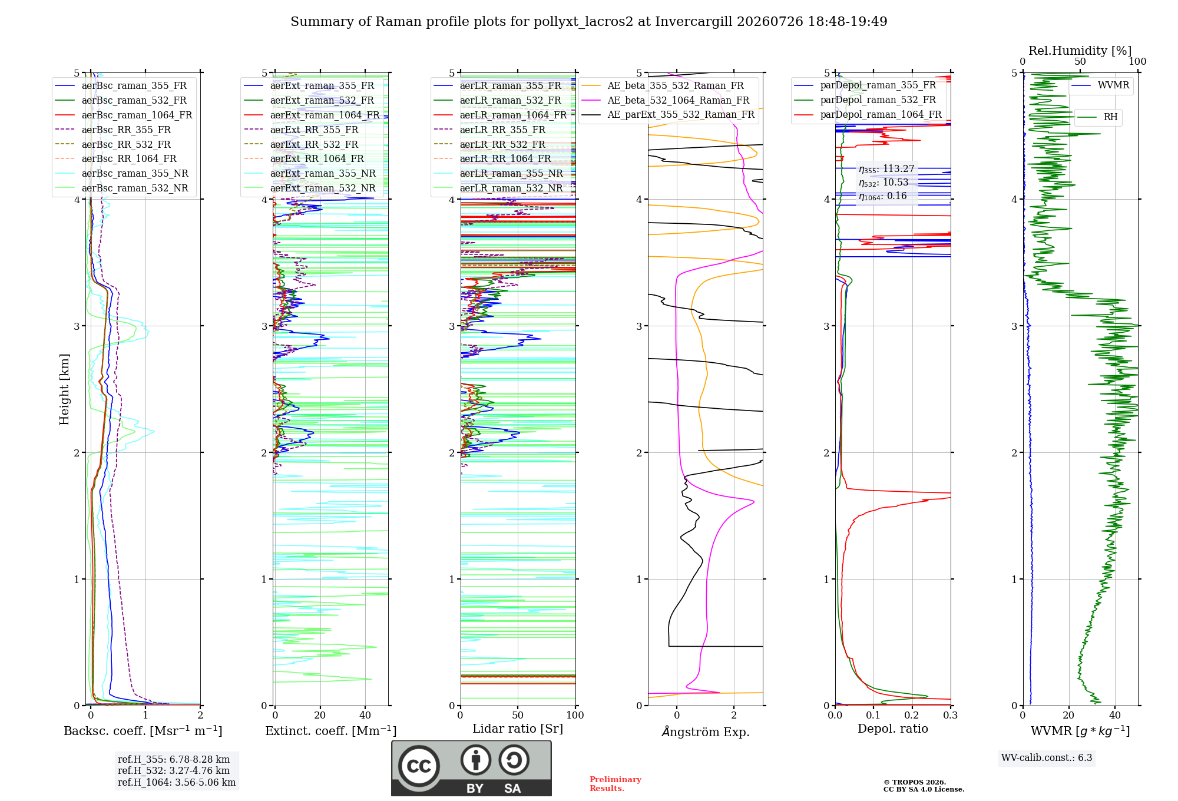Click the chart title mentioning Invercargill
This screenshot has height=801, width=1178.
tap(588, 22)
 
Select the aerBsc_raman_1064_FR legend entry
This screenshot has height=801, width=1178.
tap(124, 115)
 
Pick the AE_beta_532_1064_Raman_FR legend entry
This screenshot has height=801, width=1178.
tap(666, 100)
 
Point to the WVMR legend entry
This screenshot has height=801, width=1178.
tap(1100, 85)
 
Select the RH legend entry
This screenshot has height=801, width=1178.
tap(1098, 117)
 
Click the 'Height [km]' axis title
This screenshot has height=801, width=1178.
tap(64, 389)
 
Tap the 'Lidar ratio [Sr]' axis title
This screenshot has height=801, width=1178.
tap(518, 729)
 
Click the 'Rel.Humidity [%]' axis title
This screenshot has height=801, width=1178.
tap(1080, 51)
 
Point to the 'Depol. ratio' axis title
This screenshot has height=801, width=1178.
tap(893, 729)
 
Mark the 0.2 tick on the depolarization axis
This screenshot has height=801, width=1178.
tap(912, 715)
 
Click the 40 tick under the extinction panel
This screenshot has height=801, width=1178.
tap(365, 715)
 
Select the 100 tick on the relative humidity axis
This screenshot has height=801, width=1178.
tap(1137, 61)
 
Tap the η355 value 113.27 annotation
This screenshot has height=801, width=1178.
tap(886, 169)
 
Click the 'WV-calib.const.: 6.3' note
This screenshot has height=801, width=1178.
tap(1047, 757)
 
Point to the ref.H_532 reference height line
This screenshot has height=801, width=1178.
tap(174, 770)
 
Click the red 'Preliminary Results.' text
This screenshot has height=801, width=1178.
tap(616, 784)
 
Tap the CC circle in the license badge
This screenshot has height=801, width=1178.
tap(419, 766)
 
